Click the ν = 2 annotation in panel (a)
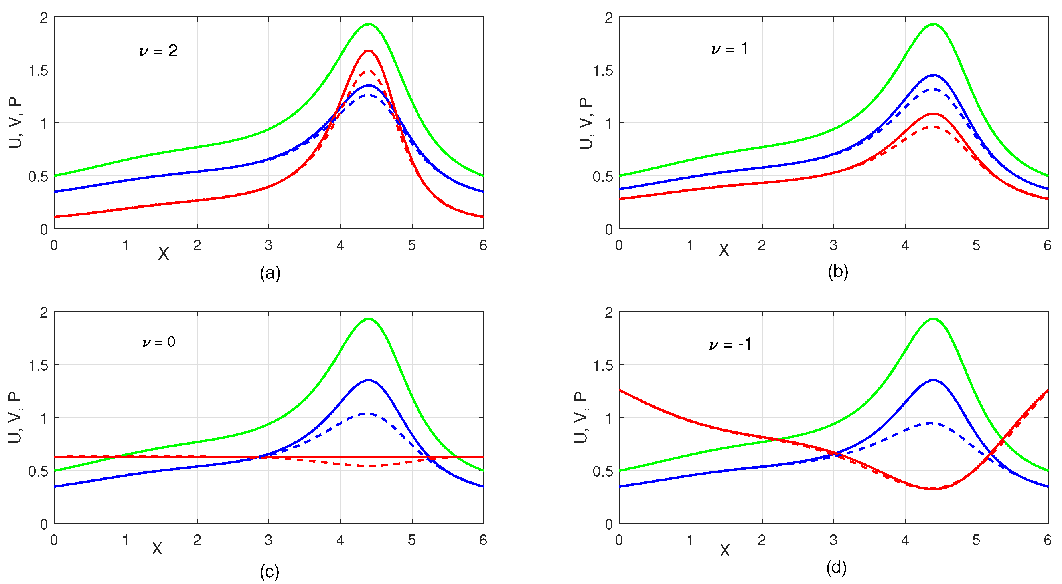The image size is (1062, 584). [158, 51]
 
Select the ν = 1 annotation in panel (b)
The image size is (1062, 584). [729, 49]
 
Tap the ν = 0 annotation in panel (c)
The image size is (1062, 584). [158, 342]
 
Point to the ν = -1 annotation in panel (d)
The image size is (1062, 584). [730, 344]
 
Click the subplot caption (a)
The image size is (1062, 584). [270, 273]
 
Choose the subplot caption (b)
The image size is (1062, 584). [838, 272]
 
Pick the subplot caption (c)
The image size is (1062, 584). [270, 572]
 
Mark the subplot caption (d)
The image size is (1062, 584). [837, 568]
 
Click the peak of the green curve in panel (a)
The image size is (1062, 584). [369, 24]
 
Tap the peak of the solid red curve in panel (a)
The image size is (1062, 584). [369, 51]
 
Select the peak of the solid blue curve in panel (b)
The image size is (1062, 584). [933, 75]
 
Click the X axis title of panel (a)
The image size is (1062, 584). [163, 254]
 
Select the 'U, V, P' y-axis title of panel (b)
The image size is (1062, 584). [586, 123]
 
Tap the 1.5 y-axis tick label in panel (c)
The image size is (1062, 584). [38, 365]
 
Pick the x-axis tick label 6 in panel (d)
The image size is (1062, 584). [1048, 540]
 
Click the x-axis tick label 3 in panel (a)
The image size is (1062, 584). [269, 246]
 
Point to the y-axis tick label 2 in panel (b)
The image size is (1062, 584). [608, 18]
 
